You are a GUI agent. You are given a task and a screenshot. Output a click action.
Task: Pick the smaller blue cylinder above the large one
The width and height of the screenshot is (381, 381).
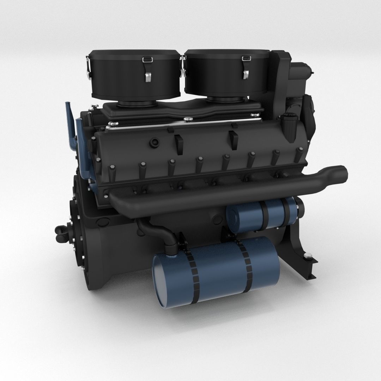click(x=261, y=215)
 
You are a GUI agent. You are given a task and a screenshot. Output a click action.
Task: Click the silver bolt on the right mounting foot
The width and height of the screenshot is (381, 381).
click(x=309, y=256)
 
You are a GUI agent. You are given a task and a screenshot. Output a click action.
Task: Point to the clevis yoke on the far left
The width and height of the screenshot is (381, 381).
click(x=60, y=231)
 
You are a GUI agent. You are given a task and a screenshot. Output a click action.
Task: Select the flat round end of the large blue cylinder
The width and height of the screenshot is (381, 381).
click(x=161, y=279)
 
